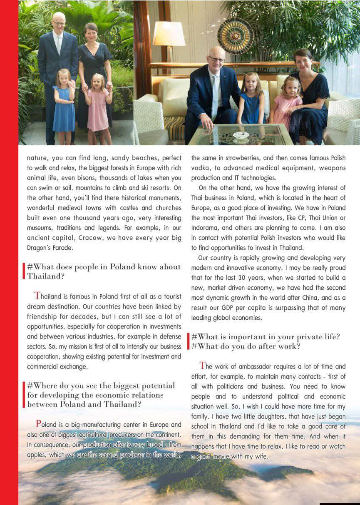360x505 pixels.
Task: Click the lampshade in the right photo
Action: click(169, 33)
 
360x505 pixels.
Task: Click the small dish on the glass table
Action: click(241, 135)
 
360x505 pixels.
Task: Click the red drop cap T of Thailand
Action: click(38, 296)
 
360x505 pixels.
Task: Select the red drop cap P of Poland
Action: click(39, 424)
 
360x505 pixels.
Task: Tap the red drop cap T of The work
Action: click(203, 366)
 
